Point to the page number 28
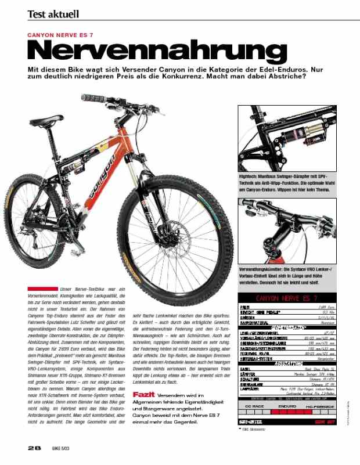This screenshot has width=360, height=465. (x=34, y=449)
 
